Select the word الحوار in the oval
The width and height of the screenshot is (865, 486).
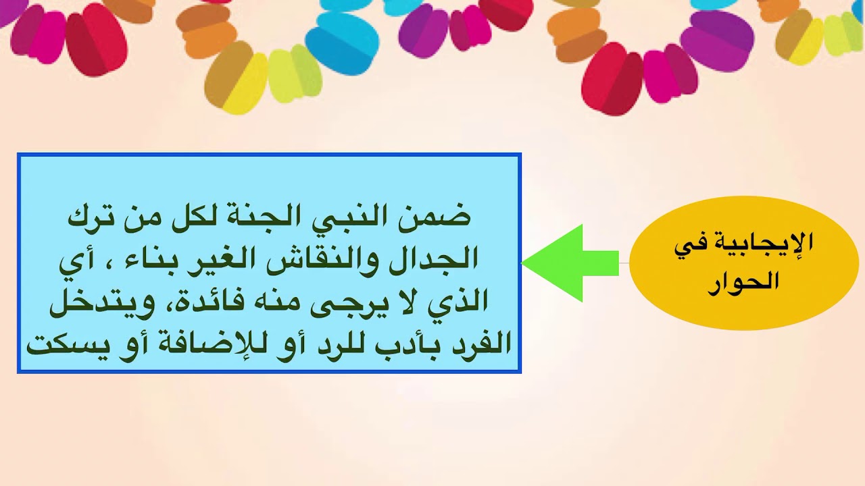(743, 282)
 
